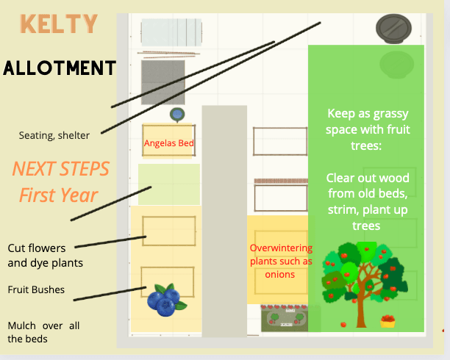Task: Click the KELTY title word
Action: coord(59,24)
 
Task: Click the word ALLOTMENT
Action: coord(60,68)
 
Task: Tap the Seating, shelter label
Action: coord(54,135)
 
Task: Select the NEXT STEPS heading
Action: coord(60,169)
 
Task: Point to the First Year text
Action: coord(59,195)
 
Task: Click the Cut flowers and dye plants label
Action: coord(46,255)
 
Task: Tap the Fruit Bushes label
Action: coord(36,289)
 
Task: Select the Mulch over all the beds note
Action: coord(43,332)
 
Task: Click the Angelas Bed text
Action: coord(169,143)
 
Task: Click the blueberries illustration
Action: coord(166,300)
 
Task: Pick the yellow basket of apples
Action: coord(387,321)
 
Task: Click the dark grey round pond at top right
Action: coord(394,29)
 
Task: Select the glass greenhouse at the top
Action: coord(171,32)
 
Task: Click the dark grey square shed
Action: coord(162,82)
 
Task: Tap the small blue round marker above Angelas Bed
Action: coord(177,115)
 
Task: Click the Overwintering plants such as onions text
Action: coord(281,261)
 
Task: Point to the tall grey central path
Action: coord(224,221)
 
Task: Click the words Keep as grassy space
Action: coord(368,121)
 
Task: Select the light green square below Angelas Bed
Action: coord(169,184)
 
